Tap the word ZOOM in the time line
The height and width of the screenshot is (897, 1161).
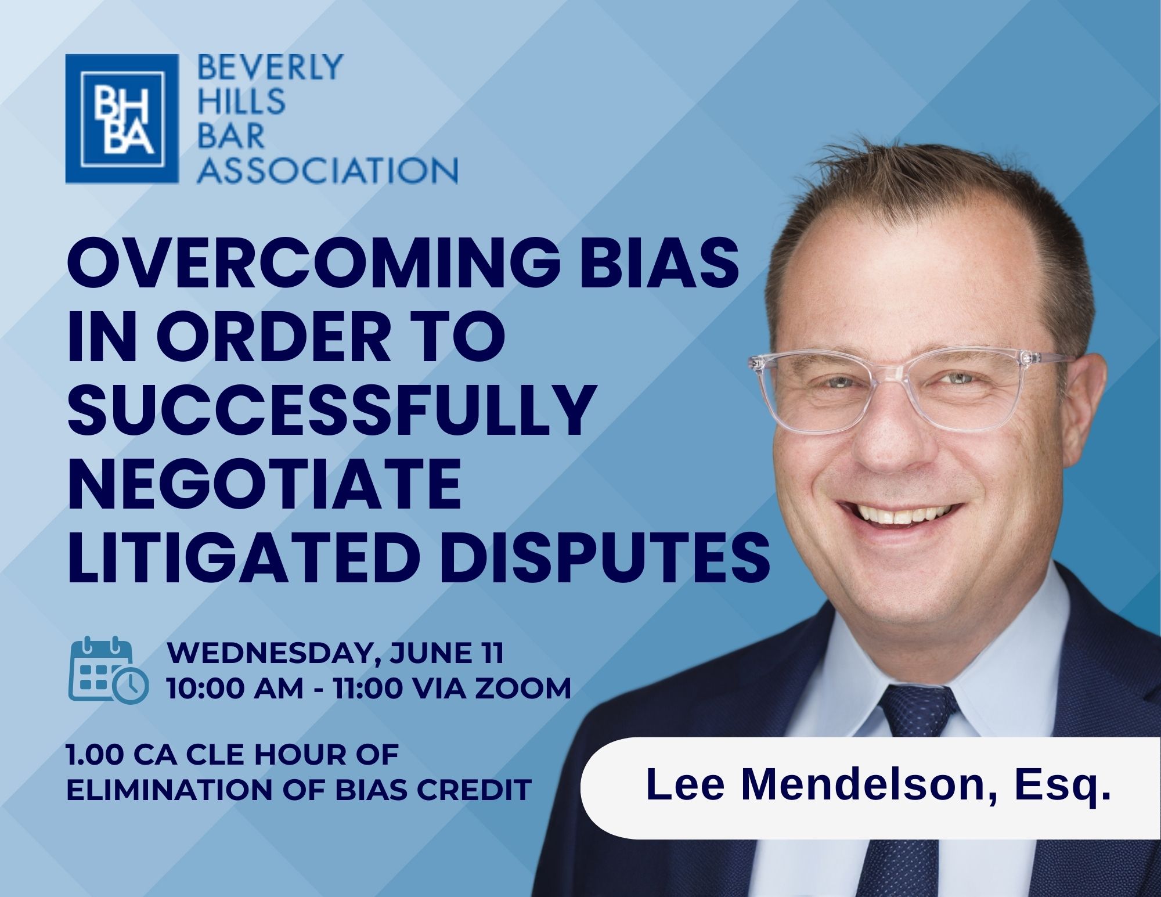(x=525, y=689)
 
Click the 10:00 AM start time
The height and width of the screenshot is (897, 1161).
(x=235, y=689)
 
